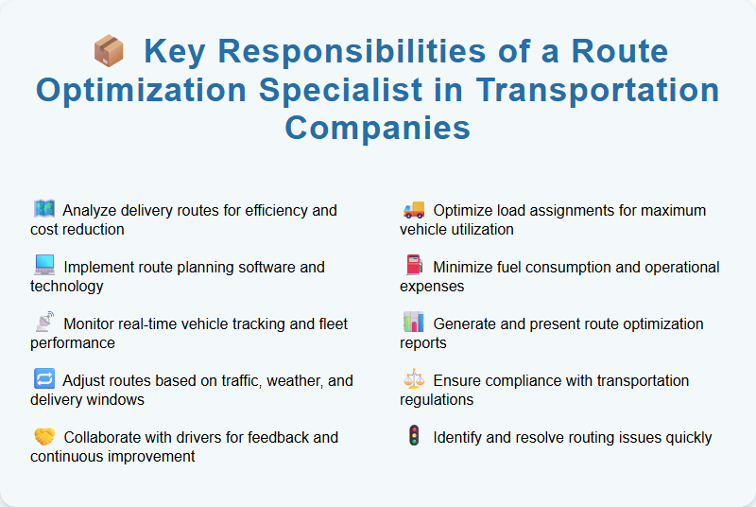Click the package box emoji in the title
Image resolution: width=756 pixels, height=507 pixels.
coord(110,50)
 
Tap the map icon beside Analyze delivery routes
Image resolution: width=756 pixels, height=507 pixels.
coord(43,209)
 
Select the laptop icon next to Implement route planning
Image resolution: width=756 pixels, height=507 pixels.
coord(43,266)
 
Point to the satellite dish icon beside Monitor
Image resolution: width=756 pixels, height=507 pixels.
coord(43,323)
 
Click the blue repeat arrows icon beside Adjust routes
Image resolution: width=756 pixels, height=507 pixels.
coord(43,379)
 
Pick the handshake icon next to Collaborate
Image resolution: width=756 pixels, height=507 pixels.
coord(43,436)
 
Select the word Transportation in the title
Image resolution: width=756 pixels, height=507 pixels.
coord(597,91)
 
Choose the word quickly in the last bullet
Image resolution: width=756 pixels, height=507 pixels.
coord(686,437)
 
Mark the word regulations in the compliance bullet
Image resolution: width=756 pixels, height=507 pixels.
coord(438,399)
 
